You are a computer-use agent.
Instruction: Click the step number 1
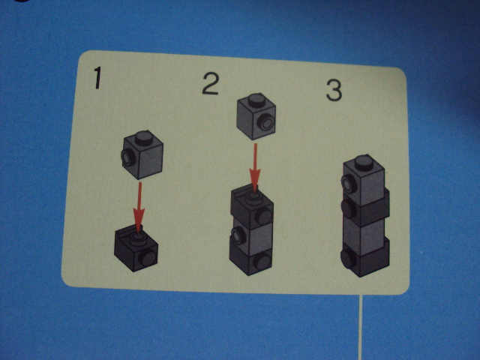click(97, 78)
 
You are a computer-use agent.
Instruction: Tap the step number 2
click(210, 83)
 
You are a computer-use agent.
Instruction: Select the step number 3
click(334, 90)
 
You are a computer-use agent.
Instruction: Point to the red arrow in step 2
click(255, 168)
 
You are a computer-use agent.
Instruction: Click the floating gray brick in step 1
click(142, 154)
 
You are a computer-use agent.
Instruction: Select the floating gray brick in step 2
click(256, 116)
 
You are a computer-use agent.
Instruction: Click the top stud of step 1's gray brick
click(144, 138)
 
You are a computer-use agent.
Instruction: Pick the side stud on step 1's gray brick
click(127, 157)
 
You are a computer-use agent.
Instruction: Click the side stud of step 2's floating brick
click(265, 122)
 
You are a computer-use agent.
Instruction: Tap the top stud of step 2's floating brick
click(256, 100)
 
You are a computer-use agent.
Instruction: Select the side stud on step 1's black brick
click(148, 258)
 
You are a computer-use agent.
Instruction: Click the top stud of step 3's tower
click(364, 163)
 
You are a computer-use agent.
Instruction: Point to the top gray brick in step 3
click(364, 182)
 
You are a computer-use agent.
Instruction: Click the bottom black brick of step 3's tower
click(365, 258)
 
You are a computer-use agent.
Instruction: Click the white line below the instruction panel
click(361, 327)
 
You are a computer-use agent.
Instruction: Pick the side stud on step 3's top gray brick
click(348, 184)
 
